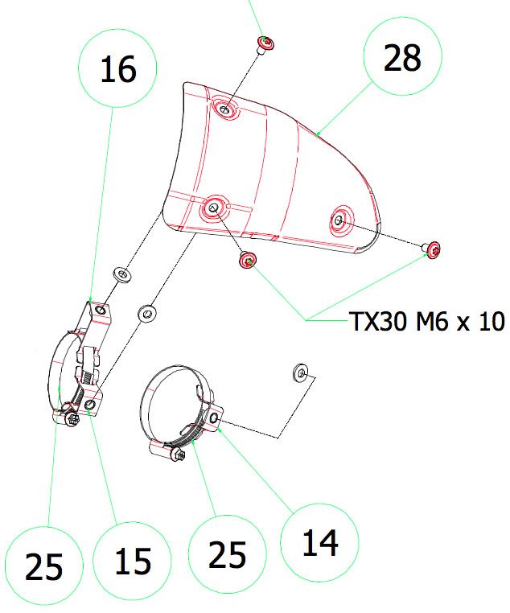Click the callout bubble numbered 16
(x=118, y=71)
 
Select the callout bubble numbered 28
(x=402, y=59)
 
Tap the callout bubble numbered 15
(x=133, y=560)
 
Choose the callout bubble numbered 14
(x=320, y=543)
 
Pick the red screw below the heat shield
(x=247, y=260)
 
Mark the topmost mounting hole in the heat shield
(x=224, y=108)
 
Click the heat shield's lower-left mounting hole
(x=213, y=208)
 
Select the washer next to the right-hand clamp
(x=300, y=372)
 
